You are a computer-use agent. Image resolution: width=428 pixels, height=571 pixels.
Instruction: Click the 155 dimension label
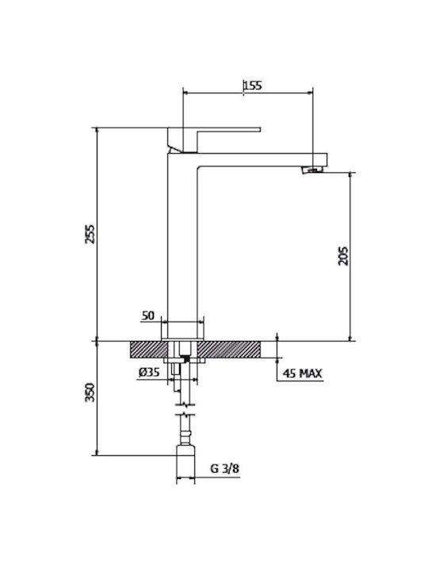[x=253, y=86]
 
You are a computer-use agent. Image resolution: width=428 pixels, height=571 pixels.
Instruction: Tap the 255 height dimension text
[x=90, y=234]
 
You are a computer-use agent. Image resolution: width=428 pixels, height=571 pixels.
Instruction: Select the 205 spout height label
[x=343, y=256]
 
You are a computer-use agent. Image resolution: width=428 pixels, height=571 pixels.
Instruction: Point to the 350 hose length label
[x=90, y=393]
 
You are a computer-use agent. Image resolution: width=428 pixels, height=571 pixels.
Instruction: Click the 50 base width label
[x=147, y=316]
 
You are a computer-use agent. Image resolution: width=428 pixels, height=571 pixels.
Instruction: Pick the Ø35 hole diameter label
[x=149, y=372]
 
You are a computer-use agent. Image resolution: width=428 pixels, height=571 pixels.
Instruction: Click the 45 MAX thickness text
[x=303, y=374]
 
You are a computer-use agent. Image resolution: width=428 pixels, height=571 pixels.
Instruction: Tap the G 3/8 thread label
[x=225, y=469]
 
